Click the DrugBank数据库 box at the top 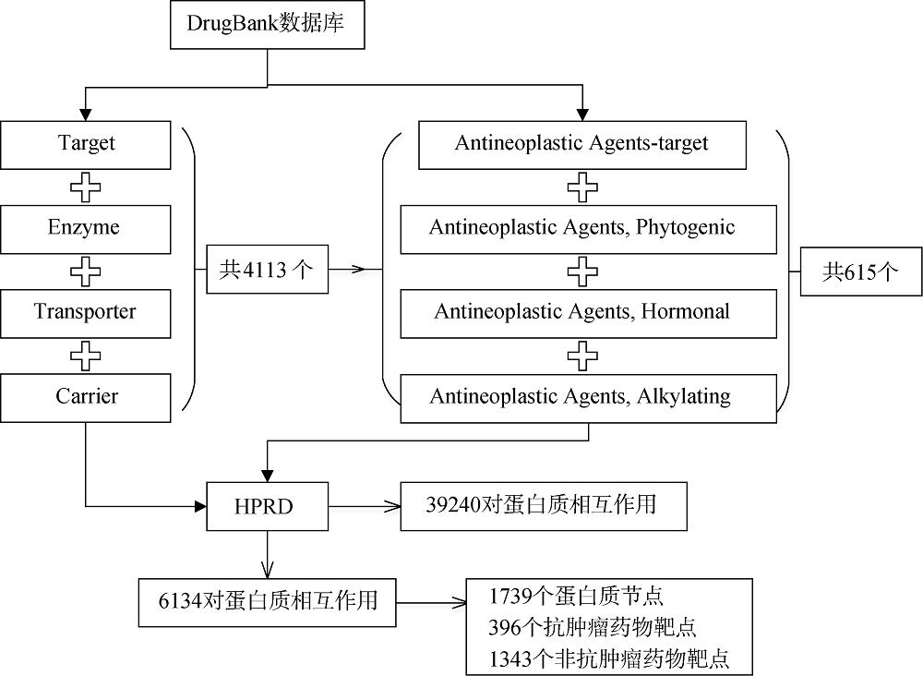(x=268, y=25)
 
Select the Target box (x=86, y=145)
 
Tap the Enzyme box (x=86, y=229)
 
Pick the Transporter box (x=86, y=313)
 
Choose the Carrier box (x=86, y=397)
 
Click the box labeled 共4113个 (x=268, y=269)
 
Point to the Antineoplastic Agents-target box (x=582, y=145)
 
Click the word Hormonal (x=685, y=311)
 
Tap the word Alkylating (x=683, y=396)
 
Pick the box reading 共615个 (x=860, y=271)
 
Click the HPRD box (x=268, y=506)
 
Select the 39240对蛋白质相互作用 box (x=544, y=506)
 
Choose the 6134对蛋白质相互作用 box (x=268, y=602)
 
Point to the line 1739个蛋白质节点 (x=576, y=597)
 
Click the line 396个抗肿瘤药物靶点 (x=593, y=627)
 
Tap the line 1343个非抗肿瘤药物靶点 (x=608, y=658)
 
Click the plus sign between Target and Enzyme (x=85, y=187)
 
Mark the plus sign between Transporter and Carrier (x=85, y=356)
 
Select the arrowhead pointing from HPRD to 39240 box (x=392, y=506)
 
